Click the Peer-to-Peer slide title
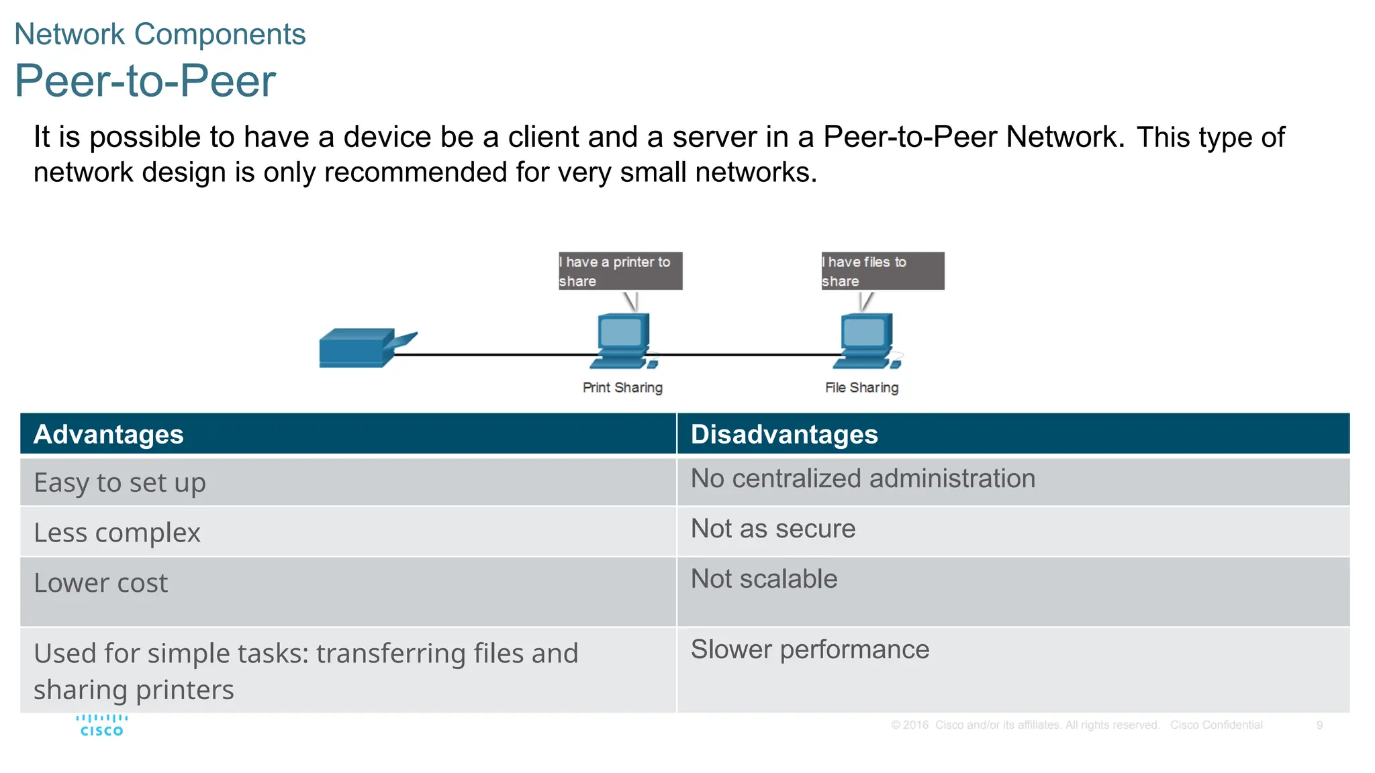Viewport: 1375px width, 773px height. (x=145, y=81)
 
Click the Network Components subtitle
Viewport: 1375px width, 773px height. (x=160, y=34)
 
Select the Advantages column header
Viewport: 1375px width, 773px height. (x=109, y=434)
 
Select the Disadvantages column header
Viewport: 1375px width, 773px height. (x=784, y=434)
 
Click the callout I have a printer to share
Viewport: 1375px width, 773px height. (x=620, y=271)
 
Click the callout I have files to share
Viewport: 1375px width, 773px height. (x=882, y=271)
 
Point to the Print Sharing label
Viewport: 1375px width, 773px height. (x=622, y=388)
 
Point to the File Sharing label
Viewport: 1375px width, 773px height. (x=861, y=388)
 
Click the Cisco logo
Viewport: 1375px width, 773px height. (x=101, y=725)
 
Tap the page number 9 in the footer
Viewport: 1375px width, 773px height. (x=1319, y=725)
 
